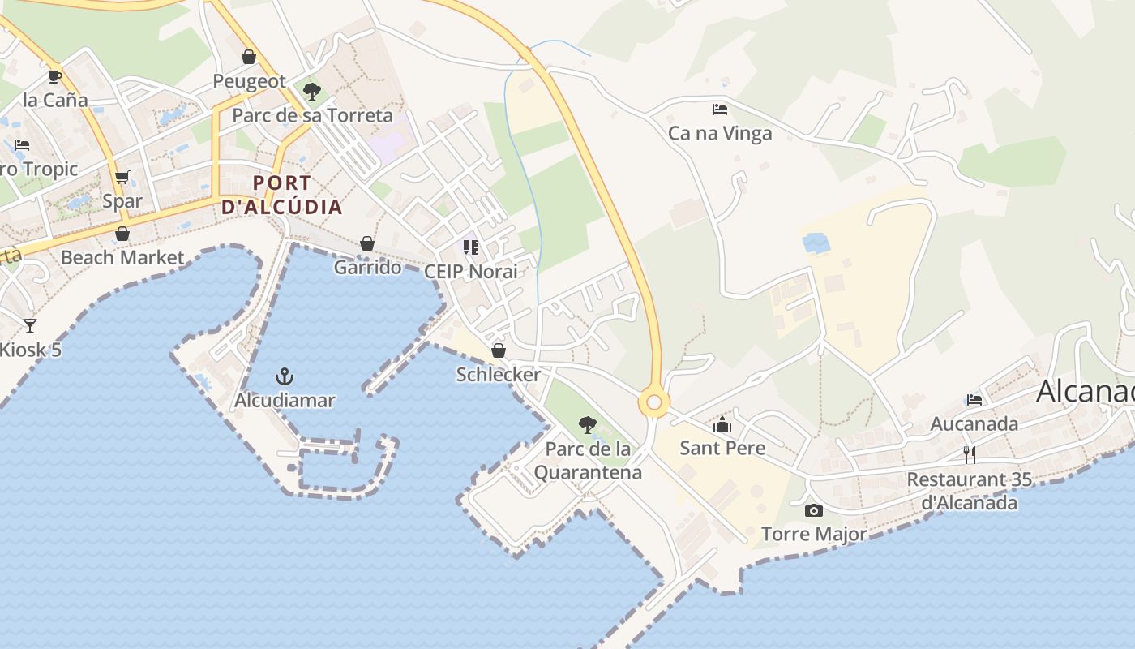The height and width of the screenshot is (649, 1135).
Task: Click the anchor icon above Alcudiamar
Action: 285,376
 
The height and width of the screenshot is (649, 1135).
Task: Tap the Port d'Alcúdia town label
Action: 282,195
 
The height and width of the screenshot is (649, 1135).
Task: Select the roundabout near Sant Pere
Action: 654,402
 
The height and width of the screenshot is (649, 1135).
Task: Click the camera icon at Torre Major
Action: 814,510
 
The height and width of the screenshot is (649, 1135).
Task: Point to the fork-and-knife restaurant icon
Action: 969,454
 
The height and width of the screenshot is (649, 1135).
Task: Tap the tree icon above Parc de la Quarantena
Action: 588,424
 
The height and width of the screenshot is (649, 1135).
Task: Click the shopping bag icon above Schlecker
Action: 499,350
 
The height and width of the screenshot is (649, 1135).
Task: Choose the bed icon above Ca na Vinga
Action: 719,109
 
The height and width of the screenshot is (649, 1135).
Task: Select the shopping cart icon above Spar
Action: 122,177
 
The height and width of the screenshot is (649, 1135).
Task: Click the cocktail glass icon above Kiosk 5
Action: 30,326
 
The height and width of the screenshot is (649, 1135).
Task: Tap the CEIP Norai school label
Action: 470,271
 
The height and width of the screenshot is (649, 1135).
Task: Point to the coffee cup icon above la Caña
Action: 54,76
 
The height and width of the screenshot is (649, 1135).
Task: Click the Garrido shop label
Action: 367,267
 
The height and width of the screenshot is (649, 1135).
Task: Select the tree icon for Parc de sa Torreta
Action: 311,91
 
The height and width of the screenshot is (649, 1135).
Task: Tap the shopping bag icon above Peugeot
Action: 249,57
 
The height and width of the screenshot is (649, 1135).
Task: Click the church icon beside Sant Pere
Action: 722,423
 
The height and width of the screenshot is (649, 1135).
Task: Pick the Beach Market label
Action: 122,258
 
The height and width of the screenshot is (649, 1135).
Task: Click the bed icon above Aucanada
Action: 974,399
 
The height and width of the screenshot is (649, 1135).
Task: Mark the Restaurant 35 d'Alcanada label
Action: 969,491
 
